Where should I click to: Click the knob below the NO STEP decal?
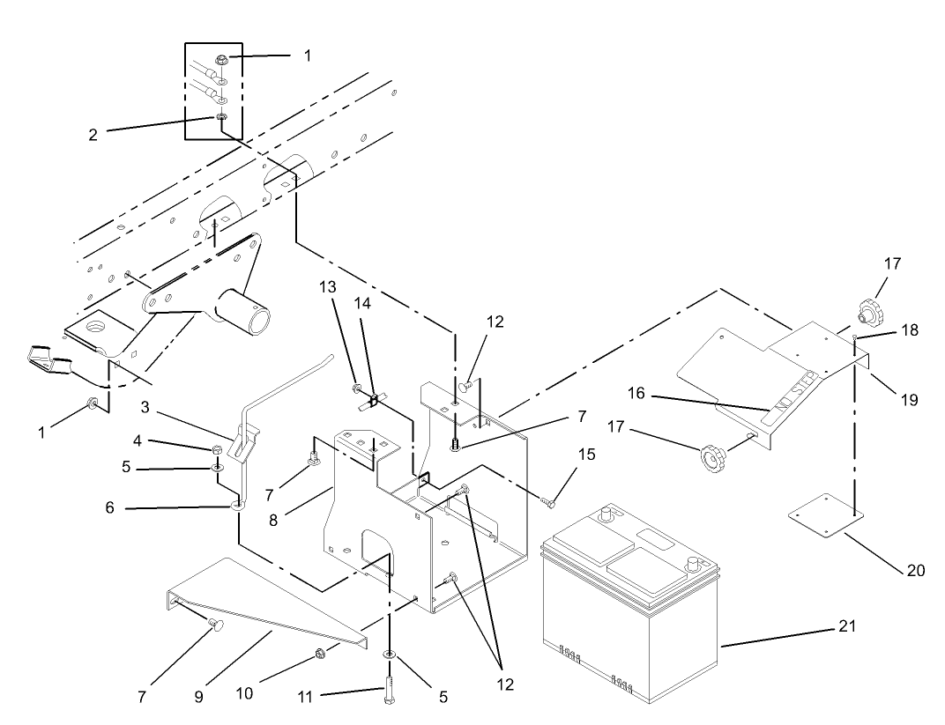tap(711, 457)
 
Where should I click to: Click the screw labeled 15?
tap(547, 501)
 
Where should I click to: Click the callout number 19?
tap(909, 399)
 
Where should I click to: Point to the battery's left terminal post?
tap(606, 514)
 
